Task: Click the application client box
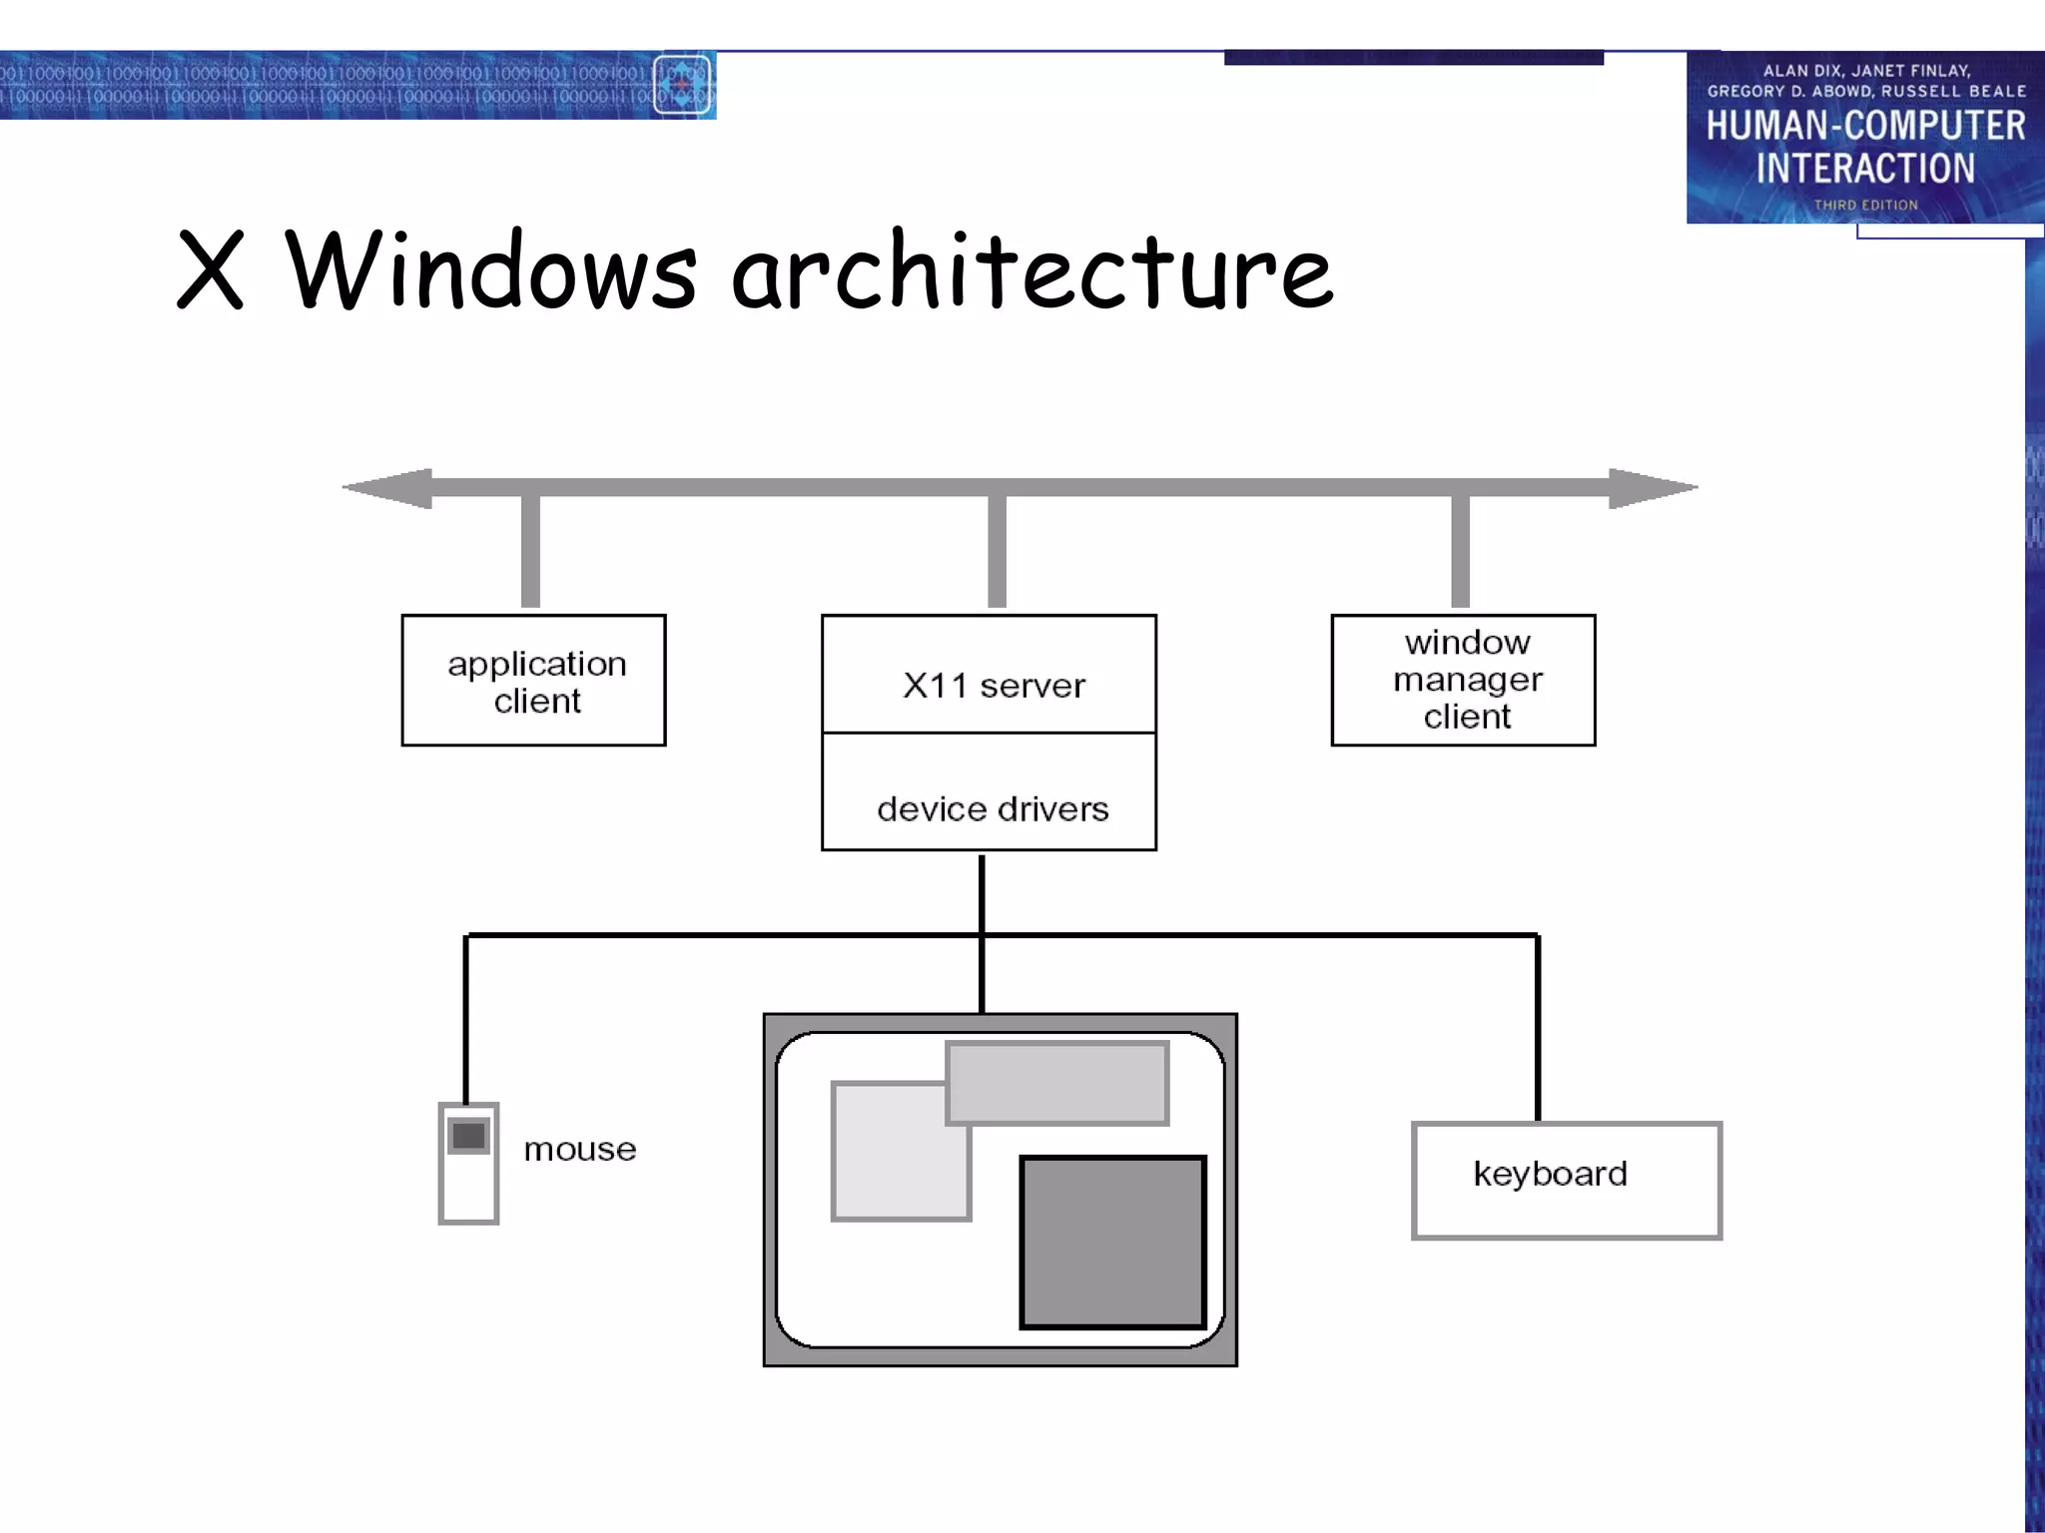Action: (533, 680)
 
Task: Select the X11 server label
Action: (993, 686)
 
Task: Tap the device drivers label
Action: (993, 808)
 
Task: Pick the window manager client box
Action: (1463, 680)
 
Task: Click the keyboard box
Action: (1566, 1180)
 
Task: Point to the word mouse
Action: (580, 1150)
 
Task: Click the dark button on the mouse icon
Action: (468, 1136)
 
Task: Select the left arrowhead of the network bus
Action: (388, 488)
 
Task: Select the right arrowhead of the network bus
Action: (1652, 488)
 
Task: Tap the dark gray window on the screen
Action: (1112, 1243)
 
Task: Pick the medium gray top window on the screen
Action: (1056, 1083)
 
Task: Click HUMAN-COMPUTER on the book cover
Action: (1865, 126)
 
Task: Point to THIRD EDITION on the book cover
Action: (1865, 205)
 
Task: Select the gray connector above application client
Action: (531, 551)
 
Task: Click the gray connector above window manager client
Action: (1460, 551)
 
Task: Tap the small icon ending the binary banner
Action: (683, 85)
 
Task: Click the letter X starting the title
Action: (211, 269)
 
